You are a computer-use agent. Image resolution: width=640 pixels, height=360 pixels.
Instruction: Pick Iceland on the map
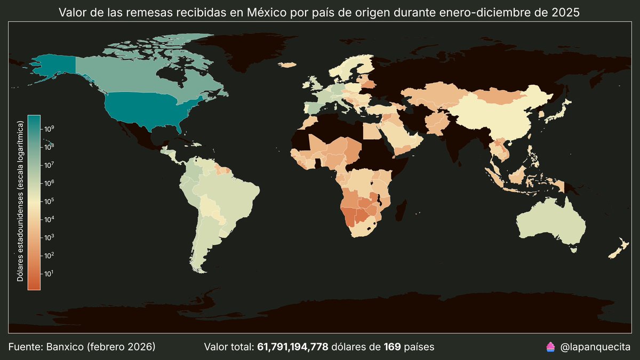[x=288, y=65]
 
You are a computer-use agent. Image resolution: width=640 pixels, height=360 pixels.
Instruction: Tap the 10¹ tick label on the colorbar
[x=49, y=274]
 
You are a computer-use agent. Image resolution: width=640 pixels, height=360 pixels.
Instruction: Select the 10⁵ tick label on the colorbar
[x=49, y=201]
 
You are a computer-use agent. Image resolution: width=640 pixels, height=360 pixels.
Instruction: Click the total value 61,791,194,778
[x=292, y=347]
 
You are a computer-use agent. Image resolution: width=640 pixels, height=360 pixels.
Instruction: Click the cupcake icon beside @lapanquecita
[x=551, y=347]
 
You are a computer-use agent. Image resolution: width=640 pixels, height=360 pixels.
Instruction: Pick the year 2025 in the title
[x=565, y=12]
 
